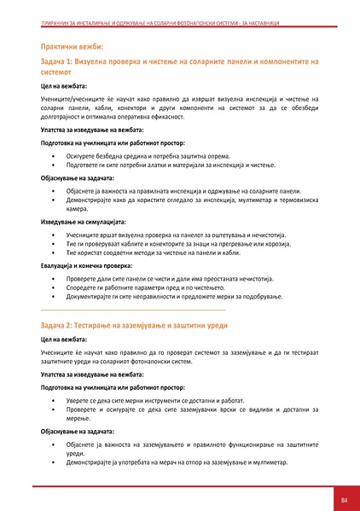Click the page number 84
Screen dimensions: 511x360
pyautogui.click(x=344, y=498)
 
